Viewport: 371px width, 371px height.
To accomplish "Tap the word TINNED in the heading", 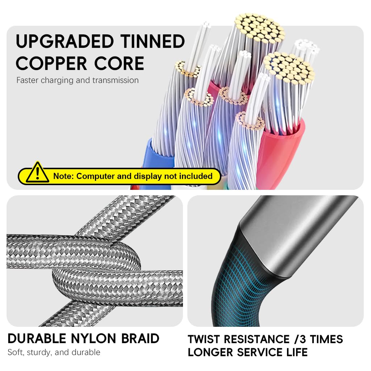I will point(153,41).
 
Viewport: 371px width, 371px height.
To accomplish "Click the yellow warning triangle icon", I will point(37,173).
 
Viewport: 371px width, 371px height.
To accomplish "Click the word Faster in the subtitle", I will point(28,80).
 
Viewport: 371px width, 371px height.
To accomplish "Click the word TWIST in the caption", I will point(204,339).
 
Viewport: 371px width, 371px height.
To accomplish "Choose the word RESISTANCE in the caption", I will point(256,339).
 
